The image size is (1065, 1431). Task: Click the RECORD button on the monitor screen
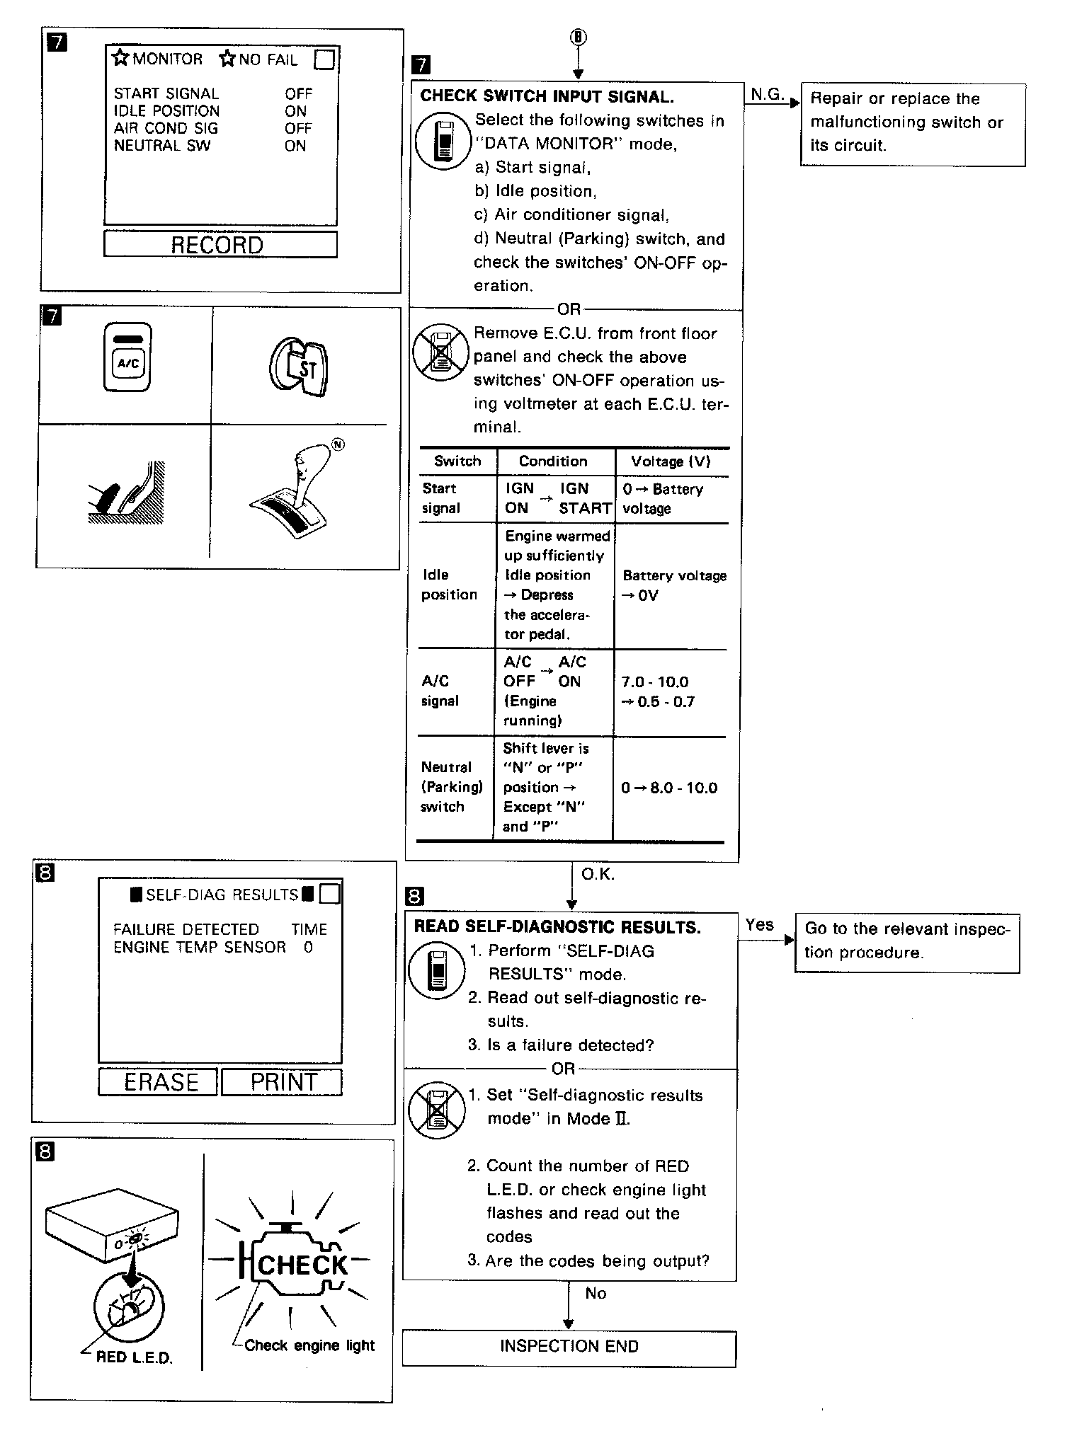(220, 245)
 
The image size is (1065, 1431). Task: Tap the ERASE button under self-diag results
(158, 1082)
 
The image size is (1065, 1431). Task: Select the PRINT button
(283, 1082)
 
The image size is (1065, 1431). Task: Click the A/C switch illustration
(127, 357)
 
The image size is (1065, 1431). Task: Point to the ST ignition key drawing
(299, 365)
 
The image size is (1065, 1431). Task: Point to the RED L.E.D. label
(134, 1357)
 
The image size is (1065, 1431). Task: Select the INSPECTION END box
(569, 1346)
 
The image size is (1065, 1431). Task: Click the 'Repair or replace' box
(912, 123)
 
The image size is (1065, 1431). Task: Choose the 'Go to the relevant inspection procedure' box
(907, 942)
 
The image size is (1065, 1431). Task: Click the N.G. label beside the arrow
(767, 94)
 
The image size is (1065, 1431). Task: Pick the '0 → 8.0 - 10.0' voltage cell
(668, 788)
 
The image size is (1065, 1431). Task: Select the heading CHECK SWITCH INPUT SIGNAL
(547, 96)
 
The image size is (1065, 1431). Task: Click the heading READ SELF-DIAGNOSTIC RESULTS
(557, 926)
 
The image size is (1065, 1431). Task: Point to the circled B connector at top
(579, 38)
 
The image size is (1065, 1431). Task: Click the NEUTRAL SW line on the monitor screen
(163, 146)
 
